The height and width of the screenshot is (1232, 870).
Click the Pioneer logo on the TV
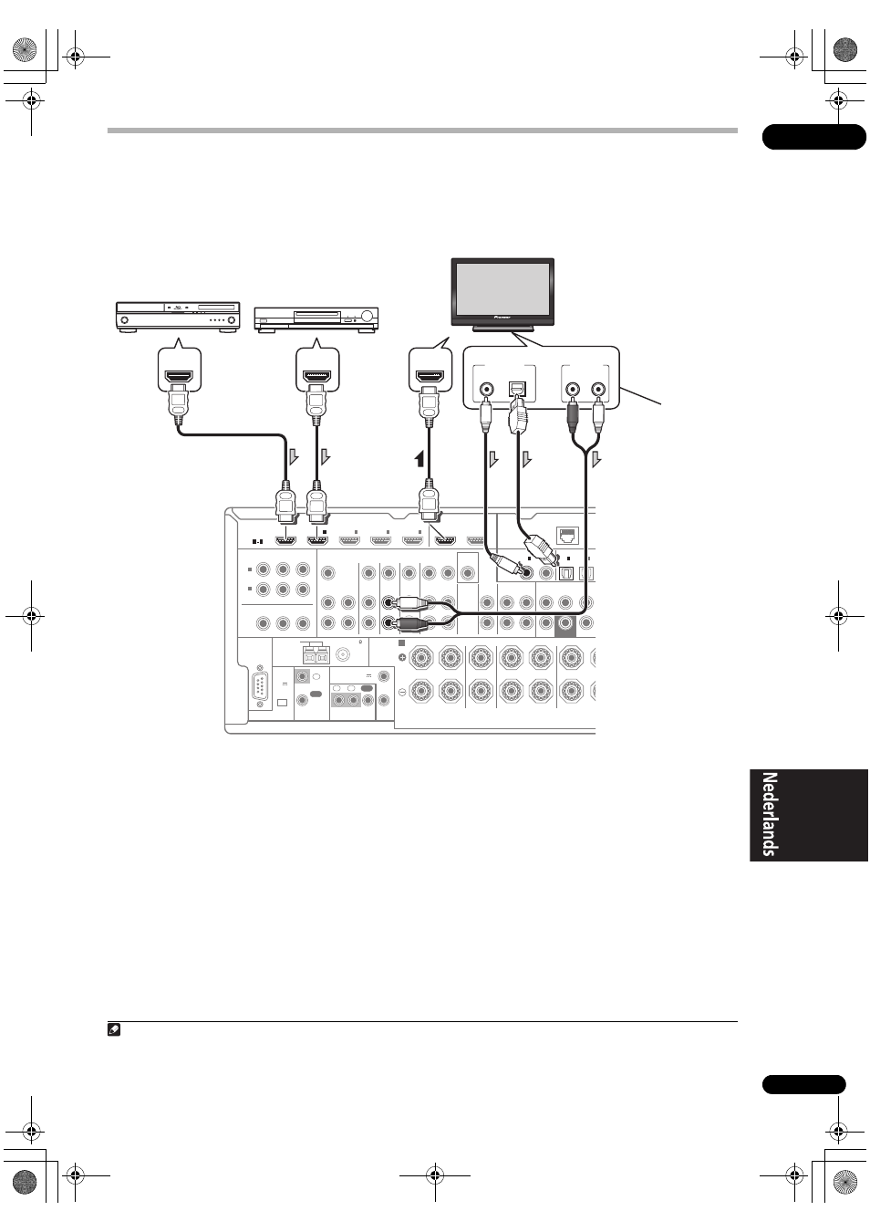click(x=502, y=318)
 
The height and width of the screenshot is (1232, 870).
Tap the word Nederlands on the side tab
click(x=770, y=815)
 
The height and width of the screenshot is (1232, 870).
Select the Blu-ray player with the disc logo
click(x=178, y=317)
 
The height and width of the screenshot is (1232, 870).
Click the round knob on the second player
click(x=368, y=317)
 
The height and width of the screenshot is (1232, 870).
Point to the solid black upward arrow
click(x=419, y=458)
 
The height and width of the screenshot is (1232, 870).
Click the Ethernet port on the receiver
click(x=567, y=535)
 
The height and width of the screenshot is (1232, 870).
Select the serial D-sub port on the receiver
click(x=261, y=687)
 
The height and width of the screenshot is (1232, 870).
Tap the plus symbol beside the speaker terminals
click(x=402, y=657)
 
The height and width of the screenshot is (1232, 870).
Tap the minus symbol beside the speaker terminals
click(x=402, y=693)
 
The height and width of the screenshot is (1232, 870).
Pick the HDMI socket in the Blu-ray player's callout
click(x=179, y=377)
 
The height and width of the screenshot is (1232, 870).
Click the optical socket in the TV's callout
click(x=518, y=388)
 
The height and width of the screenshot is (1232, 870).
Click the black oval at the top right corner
click(x=813, y=137)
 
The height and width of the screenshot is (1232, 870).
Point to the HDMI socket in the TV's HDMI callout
click(x=430, y=377)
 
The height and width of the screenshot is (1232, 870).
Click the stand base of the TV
click(x=502, y=329)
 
